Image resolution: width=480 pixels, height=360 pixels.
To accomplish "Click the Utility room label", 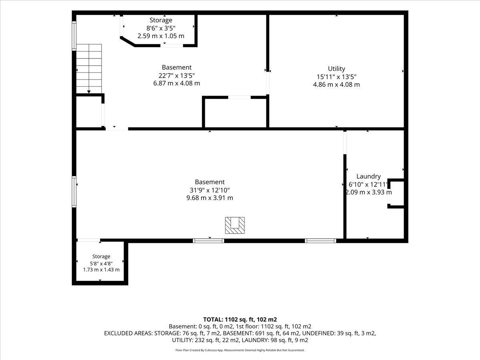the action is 336,69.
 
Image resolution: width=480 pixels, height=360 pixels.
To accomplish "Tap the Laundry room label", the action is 368,176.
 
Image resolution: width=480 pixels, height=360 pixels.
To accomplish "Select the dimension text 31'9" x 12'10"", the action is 210,190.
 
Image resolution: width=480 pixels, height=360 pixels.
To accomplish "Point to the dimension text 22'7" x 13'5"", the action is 176,76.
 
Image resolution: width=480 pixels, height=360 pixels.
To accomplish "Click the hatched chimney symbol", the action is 235,225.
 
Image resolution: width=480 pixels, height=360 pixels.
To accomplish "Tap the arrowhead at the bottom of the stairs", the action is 89,92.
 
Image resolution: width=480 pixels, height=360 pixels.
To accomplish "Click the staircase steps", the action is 89,69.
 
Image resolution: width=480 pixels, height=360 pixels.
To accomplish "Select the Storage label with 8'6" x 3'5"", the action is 161,20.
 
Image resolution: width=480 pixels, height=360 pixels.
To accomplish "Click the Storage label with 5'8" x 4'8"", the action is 101,256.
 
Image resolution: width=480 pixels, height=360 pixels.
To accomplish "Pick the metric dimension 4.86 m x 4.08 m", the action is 336,84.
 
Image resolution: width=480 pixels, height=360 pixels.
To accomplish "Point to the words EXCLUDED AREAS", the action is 128,333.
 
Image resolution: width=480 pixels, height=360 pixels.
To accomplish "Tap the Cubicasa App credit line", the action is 240,350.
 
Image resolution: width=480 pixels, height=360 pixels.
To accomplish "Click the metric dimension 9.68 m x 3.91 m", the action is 210,198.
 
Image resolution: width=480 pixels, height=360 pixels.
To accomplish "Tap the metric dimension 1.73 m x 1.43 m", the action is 101,270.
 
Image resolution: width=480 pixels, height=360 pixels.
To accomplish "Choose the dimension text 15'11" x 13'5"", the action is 336,77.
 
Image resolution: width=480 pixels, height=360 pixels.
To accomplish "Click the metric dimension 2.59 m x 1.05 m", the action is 161,36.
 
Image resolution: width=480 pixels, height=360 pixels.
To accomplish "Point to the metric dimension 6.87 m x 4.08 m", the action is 176,83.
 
